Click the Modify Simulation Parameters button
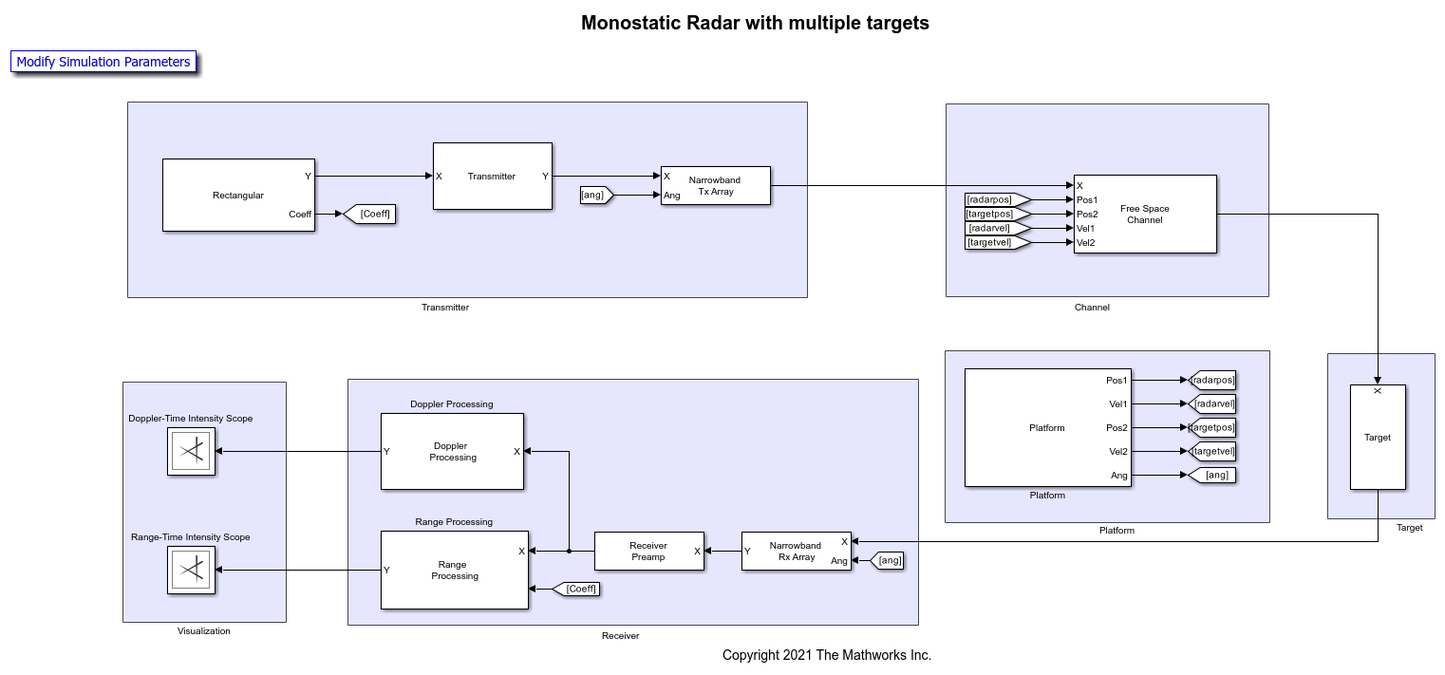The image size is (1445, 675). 103,62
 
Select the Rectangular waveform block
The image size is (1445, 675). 238,195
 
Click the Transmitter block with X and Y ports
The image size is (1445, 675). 492,176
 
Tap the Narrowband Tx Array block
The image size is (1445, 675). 715,186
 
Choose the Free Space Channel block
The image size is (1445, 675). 1144,214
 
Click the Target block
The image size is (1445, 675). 1378,437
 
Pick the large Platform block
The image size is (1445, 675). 1047,427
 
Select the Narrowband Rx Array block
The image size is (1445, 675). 796,552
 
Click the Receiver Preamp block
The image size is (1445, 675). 648,552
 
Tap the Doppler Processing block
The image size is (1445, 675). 452,451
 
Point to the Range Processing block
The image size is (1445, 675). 454,570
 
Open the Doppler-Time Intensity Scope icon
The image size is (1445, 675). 191,451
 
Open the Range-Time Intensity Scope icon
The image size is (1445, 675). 191,570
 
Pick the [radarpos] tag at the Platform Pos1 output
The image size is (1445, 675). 1212,380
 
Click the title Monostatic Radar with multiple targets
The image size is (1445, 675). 755,23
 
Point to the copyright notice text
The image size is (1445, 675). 826,655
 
